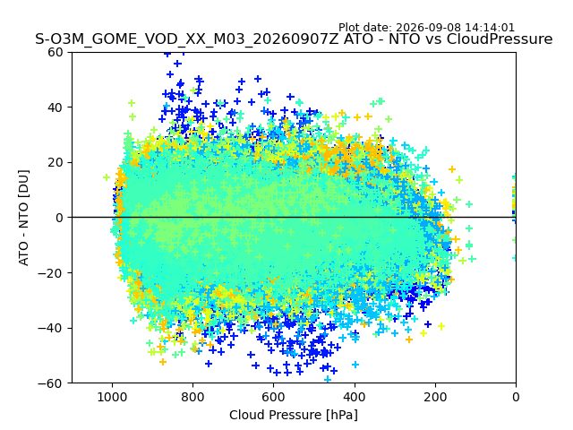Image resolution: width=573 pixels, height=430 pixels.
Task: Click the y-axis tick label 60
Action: [x=55, y=52]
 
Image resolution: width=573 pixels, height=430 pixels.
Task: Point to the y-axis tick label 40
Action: [x=55, y=107]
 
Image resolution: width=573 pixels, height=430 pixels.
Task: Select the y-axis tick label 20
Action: [x=55, y=163]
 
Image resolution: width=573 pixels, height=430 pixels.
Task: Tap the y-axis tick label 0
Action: [x=59, y=218]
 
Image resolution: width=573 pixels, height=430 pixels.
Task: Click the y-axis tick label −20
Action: [x=50, y=273]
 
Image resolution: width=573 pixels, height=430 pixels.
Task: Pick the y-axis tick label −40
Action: [x=50, y=329]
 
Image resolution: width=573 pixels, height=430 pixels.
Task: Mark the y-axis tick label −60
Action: [x=50, y=383]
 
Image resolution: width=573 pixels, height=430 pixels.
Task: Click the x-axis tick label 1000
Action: [x=112, y=397]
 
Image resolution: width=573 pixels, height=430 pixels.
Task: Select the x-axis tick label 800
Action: [x=193, y=397]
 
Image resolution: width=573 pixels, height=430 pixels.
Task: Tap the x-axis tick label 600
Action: [x=274, y=397]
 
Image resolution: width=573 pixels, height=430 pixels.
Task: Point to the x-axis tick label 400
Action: [x=355, y=397]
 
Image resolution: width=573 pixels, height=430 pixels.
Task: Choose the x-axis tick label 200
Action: [x=435, y=397]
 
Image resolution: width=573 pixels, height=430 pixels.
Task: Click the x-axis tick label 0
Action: [x=516, y=397]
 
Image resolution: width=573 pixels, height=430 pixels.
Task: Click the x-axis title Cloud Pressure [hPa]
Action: [x=294, y=416]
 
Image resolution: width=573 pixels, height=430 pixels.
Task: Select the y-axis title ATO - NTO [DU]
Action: [x=24, y=218]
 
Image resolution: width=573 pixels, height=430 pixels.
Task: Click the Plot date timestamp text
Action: [x=426, y=28]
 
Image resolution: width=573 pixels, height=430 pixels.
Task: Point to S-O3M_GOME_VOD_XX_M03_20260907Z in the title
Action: [x=187, y=39]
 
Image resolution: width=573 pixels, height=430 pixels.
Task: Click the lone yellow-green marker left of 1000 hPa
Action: [x=107, y=177]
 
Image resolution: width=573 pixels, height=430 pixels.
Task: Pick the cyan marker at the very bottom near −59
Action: [x=328, y=379]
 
